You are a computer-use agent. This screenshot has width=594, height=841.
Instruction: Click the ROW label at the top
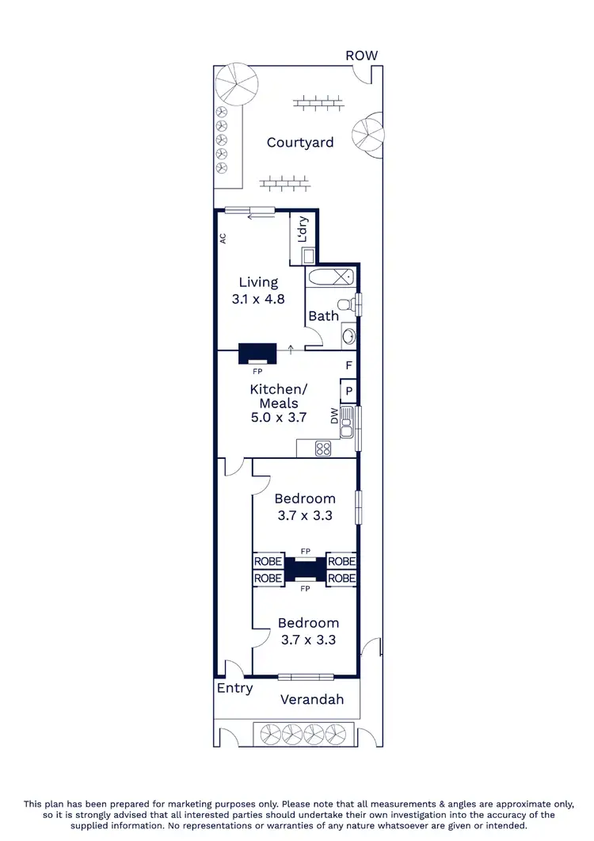[361, 55]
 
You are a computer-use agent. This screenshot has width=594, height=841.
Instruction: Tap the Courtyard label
[300, 143]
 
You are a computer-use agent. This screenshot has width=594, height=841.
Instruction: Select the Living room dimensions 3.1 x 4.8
[258, 300]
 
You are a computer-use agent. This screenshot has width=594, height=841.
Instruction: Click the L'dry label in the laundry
[303, 230]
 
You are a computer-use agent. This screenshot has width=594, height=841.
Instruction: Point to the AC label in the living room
[223, 237]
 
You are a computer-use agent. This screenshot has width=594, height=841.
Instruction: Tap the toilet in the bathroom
[345, 304]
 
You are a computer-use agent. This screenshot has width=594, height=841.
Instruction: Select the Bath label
[323, 316]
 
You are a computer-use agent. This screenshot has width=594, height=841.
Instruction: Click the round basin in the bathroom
[348, 336]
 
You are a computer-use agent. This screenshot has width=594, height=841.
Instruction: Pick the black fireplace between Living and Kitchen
[258, 353]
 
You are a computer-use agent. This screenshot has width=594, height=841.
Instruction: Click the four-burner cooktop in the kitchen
[323, 449]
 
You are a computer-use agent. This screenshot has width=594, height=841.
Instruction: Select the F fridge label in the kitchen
[348, 365]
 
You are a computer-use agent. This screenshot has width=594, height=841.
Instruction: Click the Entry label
[234, 688]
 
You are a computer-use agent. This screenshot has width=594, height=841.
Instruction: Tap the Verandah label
[312, 699]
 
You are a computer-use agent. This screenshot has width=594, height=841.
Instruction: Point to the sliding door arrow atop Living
[255, 216]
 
